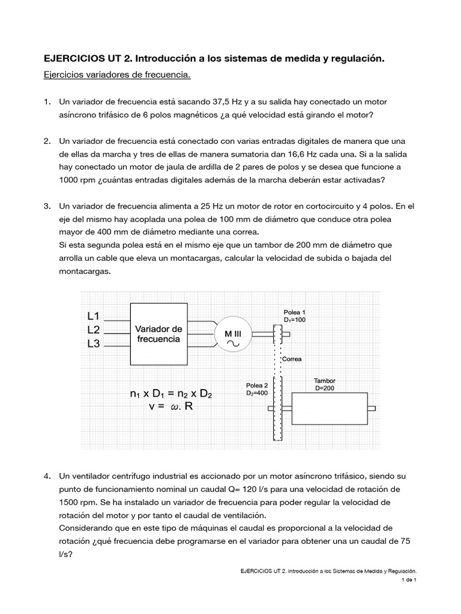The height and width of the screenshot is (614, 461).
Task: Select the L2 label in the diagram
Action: tap(94, 330)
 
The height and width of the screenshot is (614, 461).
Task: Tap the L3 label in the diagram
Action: tap(94, 344)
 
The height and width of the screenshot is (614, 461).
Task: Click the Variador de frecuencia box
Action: tap(158, 334)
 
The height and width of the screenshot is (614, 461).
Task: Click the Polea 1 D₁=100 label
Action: tap(295, 317)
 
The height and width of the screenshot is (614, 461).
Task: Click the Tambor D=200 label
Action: tap(325, 384)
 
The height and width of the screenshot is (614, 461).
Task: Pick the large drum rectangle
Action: tap(329, 408)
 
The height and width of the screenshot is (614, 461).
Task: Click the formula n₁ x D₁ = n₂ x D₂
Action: tap(171, 394)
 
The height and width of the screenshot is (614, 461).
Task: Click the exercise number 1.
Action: tap(47, 103)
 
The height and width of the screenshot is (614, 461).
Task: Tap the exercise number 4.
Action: tap(47, 476)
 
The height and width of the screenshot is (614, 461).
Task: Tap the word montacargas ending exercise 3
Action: tap(85, 270)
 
